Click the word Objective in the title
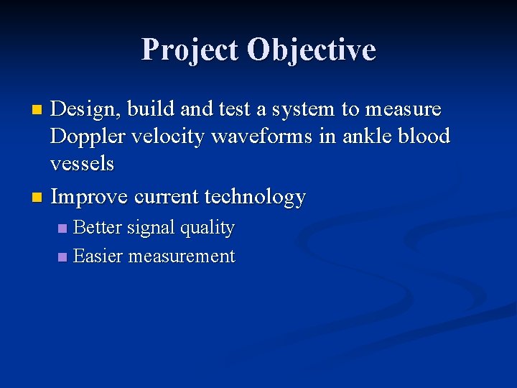coord(311,50)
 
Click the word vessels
coord(82,164)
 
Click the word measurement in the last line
coord(181,257)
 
